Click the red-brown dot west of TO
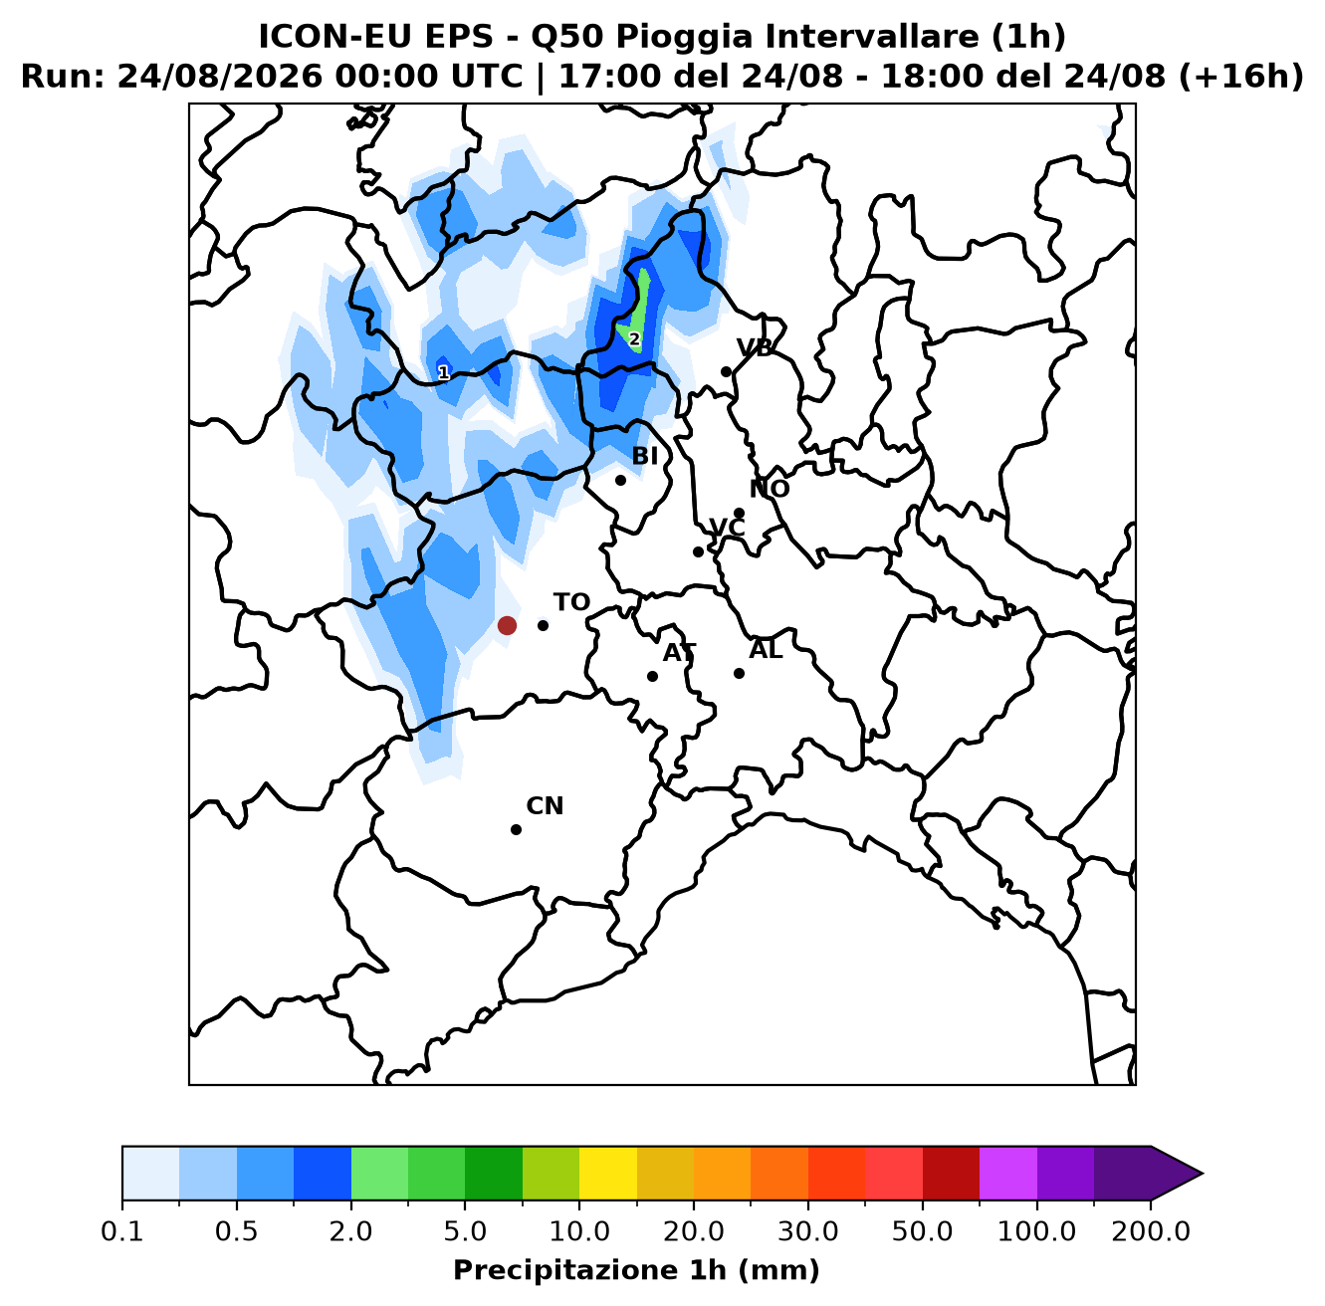(x=507, y=625)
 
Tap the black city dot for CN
(x=516, y=829)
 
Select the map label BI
(x=644, y=455)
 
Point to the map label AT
(x=679, y=652)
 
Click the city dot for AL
(x=739, y=673)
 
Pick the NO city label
(x=769, y=489)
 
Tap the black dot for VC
(x=698, y=551)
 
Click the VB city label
(x=755, y=347)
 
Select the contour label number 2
(x=634, y=339)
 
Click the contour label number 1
(x=444, y=372)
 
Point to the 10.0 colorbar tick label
(x=579, y=1230)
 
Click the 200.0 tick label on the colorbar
(x=1151, y=1230)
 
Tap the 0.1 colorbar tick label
(x=122, y=1230)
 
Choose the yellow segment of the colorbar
(x=608, y=1174)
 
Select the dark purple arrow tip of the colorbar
(x=1177, y=1174)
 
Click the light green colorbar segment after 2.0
(x=379, y=1174)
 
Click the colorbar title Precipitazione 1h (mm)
(x=636, y=1269)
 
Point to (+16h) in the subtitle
(x=1241, y=76)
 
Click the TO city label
(x=572, y=602)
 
